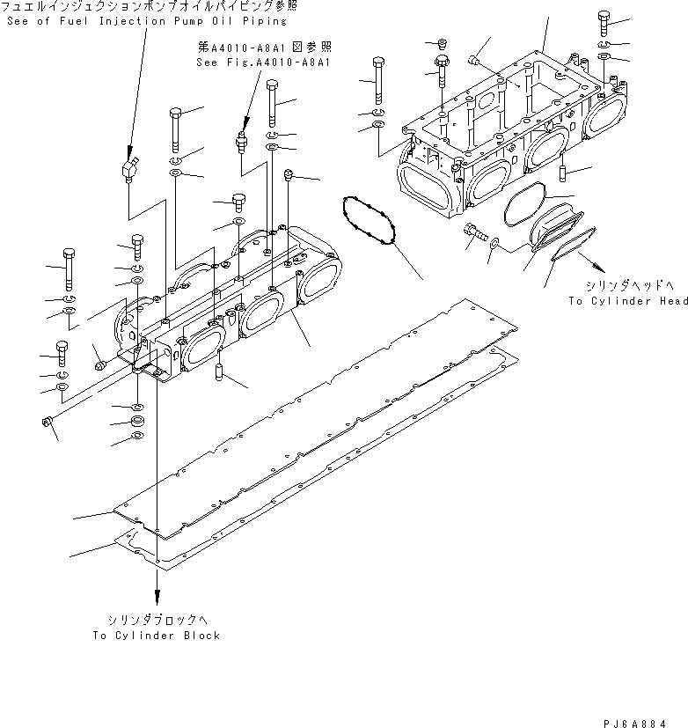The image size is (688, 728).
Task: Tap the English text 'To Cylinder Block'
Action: pos(157,635)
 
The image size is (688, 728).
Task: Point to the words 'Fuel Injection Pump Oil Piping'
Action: pos(162,20)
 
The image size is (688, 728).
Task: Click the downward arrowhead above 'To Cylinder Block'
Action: pos(158,596)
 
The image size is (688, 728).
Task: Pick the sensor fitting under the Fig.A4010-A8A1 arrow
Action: pos(238,142)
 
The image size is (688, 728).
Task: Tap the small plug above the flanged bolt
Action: pos(442,43)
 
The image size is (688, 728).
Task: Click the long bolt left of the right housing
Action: pos(378,79)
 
